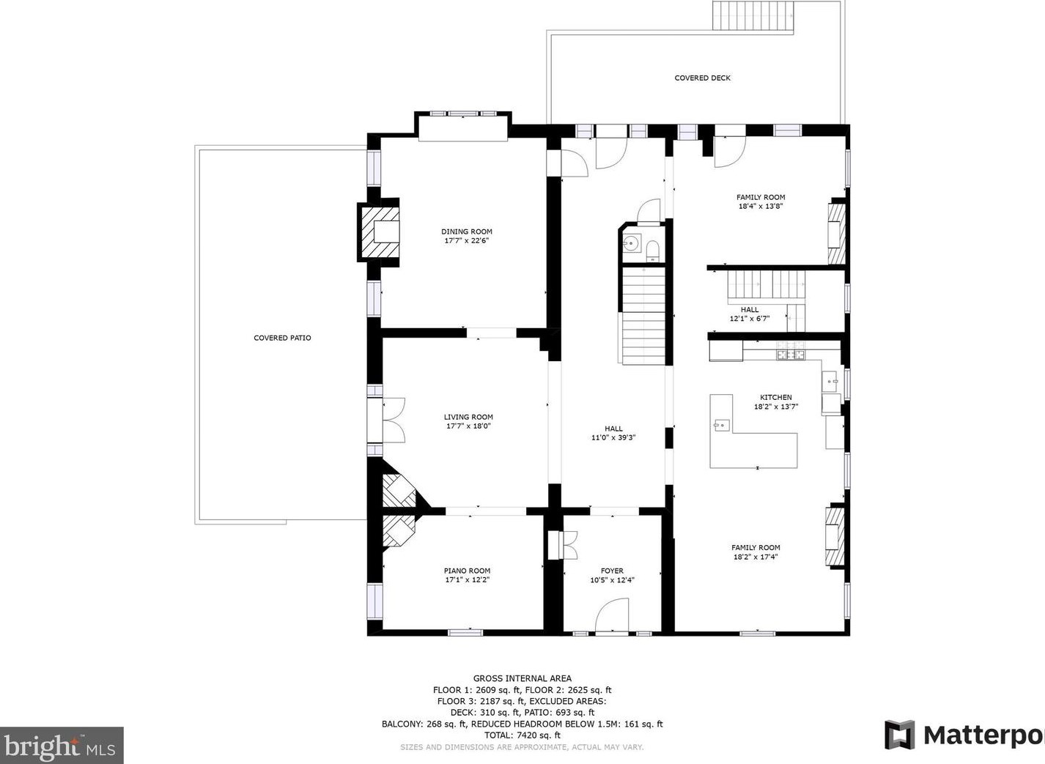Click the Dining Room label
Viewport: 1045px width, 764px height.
tap(467, 231)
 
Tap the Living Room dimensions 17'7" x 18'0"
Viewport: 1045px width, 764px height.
tap(468, 426)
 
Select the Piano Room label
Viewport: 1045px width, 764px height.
tap(467, 571)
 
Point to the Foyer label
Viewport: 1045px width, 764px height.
tap(612, 571)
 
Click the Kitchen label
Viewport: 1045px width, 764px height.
tap(776, 397)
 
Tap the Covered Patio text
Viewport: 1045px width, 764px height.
tap(282, 338)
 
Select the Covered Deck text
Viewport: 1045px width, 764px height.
tap(702, 78)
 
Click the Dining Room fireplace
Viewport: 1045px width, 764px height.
tap(378, 231)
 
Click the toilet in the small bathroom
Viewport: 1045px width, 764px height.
tap(652, 250)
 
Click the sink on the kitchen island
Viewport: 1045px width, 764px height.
tap(721, 425)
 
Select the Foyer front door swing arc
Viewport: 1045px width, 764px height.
tap(613, 610)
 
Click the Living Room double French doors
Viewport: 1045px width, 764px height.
tap(394, 420)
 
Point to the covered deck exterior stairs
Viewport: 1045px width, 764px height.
tap(753, 16)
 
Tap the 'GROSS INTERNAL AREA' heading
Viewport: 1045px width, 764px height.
tap(522, 678)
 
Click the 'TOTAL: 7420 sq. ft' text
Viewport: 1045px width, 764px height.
tap(522, 735)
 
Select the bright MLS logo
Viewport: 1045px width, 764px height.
tap(61, 746)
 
